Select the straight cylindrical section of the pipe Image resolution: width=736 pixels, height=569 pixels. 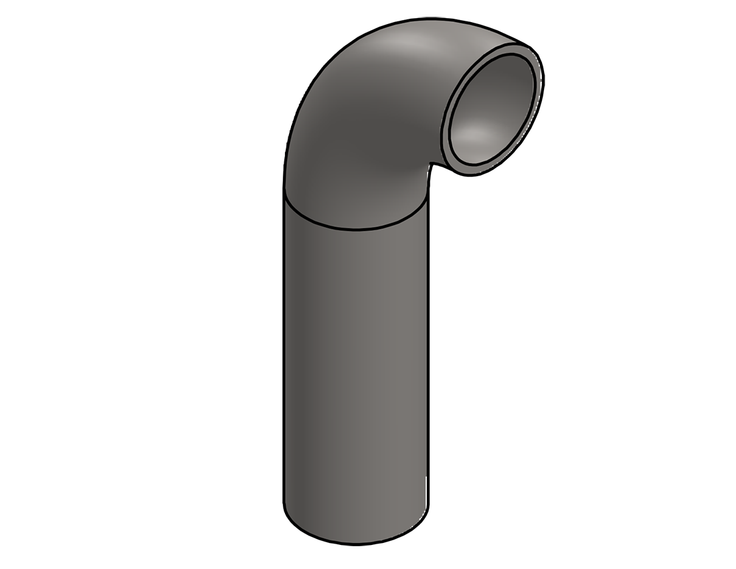click(x=355, y=375)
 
